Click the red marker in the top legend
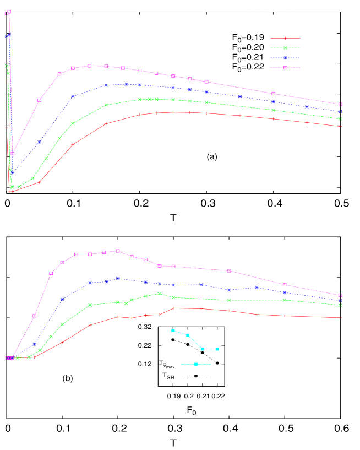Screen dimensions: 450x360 tap(285, 38)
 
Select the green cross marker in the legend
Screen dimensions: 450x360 tap(285, 48)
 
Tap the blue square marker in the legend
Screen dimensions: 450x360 tap(285, 58)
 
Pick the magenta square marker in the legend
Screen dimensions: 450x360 tap(285, 68)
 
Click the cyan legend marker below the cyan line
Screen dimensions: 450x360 tap(195, 364)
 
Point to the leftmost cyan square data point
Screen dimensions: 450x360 tap(173, 330)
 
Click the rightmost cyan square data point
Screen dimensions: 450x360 tap(217, 349)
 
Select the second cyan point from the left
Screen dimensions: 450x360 tap(188, 335)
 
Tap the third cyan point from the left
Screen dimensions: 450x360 tap(202, 349)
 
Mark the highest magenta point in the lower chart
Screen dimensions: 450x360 tap(118, 251)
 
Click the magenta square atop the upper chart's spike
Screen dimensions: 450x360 tap(9, 12)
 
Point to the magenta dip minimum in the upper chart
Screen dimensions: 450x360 tap(13, 153)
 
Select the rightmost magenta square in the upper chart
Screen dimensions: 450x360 tap(340, 104)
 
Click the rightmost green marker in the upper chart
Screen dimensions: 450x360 tap(340, 119)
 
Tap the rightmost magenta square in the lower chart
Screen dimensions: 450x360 tap(340, 295)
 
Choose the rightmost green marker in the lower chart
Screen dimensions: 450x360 tap(340, 305)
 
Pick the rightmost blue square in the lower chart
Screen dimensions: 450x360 tap(340, 301)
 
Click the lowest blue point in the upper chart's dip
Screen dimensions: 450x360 tap(13, 173)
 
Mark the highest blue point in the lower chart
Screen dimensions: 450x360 tap(118, 279)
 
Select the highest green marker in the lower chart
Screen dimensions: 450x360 tap(160, 294)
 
